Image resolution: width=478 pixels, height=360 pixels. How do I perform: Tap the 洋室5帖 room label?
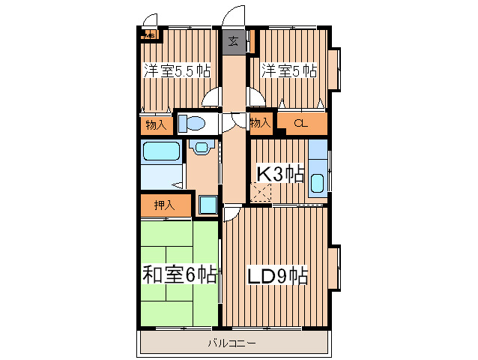[x=288, y=71]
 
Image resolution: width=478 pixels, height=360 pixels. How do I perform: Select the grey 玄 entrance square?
[x=233, y=42]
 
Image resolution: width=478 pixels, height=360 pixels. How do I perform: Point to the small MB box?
[x=149, y=34]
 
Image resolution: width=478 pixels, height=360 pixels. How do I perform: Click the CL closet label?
[x=300, y=123]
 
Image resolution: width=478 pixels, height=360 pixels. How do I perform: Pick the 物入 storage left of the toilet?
[x=155, y=124]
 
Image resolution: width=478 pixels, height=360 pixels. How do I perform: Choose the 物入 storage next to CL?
[x=260, y=123]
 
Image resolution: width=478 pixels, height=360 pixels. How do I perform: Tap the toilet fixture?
[x=193, y=123]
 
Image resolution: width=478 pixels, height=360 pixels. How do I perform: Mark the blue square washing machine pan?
[x=208, y=205]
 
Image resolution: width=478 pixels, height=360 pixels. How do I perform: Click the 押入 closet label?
[x=164, y=204]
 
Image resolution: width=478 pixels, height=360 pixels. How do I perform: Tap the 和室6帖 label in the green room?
[x=179, y=274]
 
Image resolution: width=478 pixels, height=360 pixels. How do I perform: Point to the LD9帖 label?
[x=277, y=275]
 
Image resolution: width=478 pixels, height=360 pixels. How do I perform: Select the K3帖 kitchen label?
[x=280, y=174]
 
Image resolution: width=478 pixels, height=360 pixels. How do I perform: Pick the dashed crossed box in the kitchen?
[x=262, y=193]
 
